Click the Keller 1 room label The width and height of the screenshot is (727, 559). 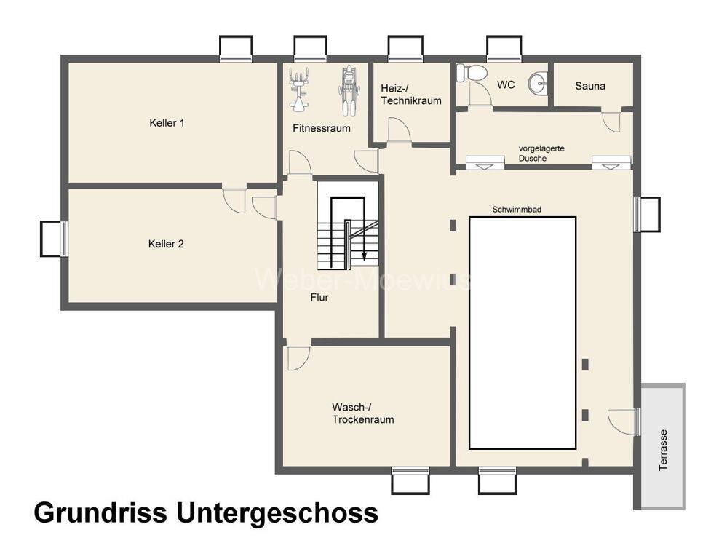pos(167,123)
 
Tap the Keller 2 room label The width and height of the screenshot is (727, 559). pos(166,244)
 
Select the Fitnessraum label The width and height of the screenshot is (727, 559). pos(322,128)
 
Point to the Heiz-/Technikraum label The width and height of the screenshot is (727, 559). pos(411,95)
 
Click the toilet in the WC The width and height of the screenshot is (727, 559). pos(472,73)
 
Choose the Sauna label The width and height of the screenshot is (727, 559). pos(590,86)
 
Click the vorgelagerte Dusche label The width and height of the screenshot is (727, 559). pos(541,153)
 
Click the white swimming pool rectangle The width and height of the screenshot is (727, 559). pos(523,332)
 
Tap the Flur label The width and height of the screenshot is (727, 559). pos(319,297)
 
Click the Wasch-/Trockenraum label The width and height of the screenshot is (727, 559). pos(363,413)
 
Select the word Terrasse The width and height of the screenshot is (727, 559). pos(663,449)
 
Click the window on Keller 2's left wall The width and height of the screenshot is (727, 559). pos(54,239)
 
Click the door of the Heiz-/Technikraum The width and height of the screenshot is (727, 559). pos(400,131)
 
